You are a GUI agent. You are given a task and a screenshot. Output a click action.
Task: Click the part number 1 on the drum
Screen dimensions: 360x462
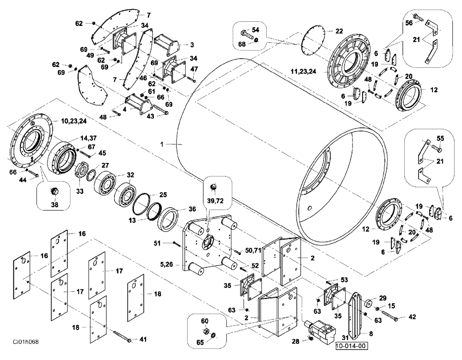click(x=163, y=144)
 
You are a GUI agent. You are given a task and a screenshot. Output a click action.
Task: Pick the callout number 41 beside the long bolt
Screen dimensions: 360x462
click(x=143, y=340)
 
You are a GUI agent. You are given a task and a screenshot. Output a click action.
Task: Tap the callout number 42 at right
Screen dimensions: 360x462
click(x=412, y=317)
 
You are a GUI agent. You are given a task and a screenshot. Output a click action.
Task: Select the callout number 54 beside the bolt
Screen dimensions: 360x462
click(x=255, y=30)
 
